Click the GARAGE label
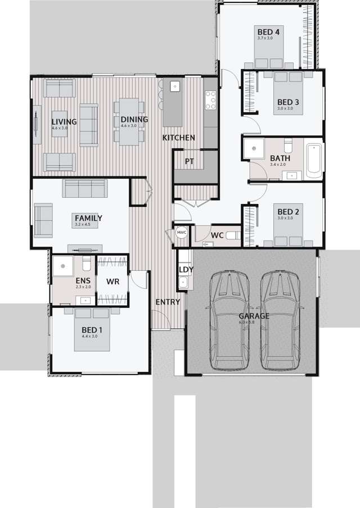(254, 316)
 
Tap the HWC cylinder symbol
(182, 233)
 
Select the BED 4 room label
(268, 31)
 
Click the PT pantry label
(190, 161)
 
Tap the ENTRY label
(168, 302)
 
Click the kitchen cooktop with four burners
(210, 101)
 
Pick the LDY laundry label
(186, 270)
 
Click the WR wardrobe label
(112, 281)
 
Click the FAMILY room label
(88, 218)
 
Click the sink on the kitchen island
(174, 87)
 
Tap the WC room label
(218, 235)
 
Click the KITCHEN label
(178, 138)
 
